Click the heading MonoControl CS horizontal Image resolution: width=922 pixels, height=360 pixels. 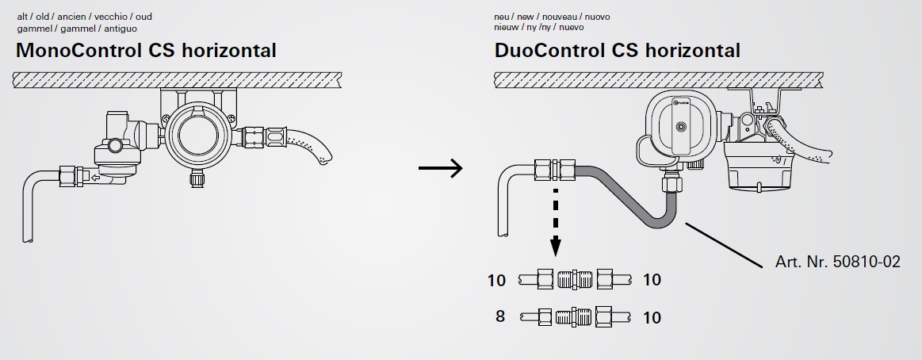tap(146, 51)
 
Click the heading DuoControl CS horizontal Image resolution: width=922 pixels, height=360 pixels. tap(617, 51)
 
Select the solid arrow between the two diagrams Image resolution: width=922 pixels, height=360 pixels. tap(440, 168)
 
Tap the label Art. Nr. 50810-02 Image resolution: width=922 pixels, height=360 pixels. tap(837, 261)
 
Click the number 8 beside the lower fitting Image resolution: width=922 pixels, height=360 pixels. tap(500, 316)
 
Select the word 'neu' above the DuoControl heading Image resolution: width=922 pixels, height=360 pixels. tap(502, 17)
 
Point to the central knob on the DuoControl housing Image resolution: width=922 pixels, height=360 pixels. tap(679, 127)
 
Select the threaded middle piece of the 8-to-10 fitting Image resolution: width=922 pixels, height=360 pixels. tap(573, 316)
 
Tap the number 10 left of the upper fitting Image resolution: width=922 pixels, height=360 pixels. tap(497, 279)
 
